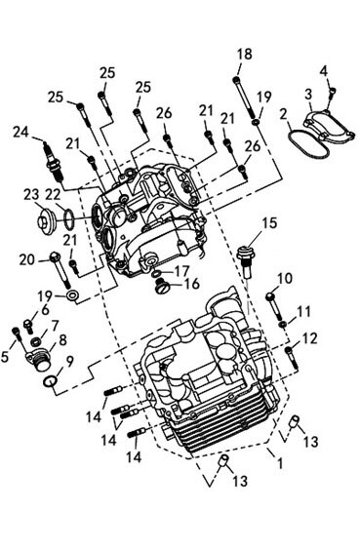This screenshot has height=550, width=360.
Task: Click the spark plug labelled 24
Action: (53, 160)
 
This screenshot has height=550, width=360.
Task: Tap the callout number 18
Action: (244, 54)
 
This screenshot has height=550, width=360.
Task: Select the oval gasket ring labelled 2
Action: (308, 143)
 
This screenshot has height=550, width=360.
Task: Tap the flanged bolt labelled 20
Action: (60, 270)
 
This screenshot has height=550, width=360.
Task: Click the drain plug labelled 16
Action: (162, 287)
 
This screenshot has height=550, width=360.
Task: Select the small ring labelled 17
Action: (158, 273)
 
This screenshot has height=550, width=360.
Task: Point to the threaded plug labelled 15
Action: (247, 260)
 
